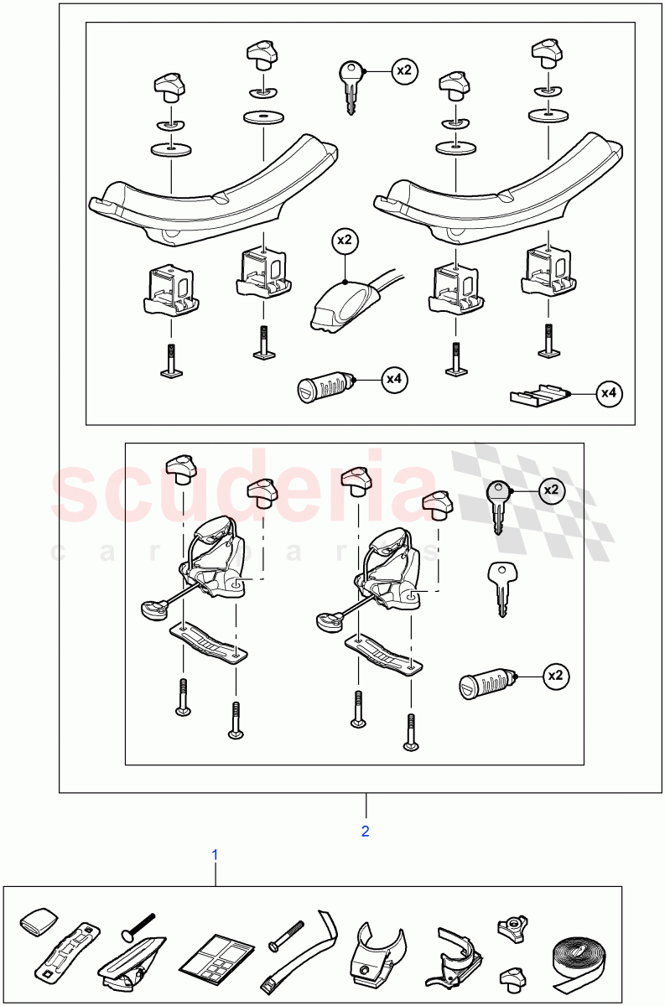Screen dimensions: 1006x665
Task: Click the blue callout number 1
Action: point(215,854)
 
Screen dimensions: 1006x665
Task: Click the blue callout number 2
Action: point(365,831)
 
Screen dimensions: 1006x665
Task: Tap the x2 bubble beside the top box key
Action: point(404,71)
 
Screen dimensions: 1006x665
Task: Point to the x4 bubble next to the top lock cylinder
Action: point(393,380)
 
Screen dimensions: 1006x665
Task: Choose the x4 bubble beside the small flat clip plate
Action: point(609,392)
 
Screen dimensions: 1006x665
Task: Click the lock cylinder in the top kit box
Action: point(325,389)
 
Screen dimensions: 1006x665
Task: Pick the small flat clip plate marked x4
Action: point(538,394)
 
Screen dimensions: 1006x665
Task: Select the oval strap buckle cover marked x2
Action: point(342,303)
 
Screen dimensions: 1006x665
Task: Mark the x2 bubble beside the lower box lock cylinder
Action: point(554,676)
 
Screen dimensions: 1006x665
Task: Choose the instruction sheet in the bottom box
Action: point(218,960)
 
